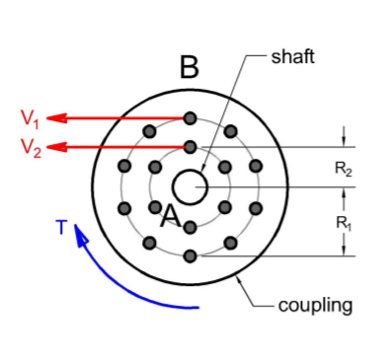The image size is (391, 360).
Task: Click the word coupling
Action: pyautogui.click(x=315, y=305)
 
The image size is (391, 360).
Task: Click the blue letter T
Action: pyautogui.click(x=61, y=228)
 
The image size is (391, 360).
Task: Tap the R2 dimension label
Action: pyautogui.click(x=344, y=170)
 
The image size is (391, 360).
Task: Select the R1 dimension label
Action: pyautogui.click(x=344, y=223)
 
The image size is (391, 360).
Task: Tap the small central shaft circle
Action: pyautogui.click(x=190, y=186)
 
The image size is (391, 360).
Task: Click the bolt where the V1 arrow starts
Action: pyautogui.click(x=190, y=118)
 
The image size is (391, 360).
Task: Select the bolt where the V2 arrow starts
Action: pyautogui.click(x=190, y=147)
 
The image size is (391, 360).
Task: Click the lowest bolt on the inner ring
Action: pyautogui.click(x=190, y=227)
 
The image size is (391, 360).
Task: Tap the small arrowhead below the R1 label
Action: pyautogui.click(x=344, y=249)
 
